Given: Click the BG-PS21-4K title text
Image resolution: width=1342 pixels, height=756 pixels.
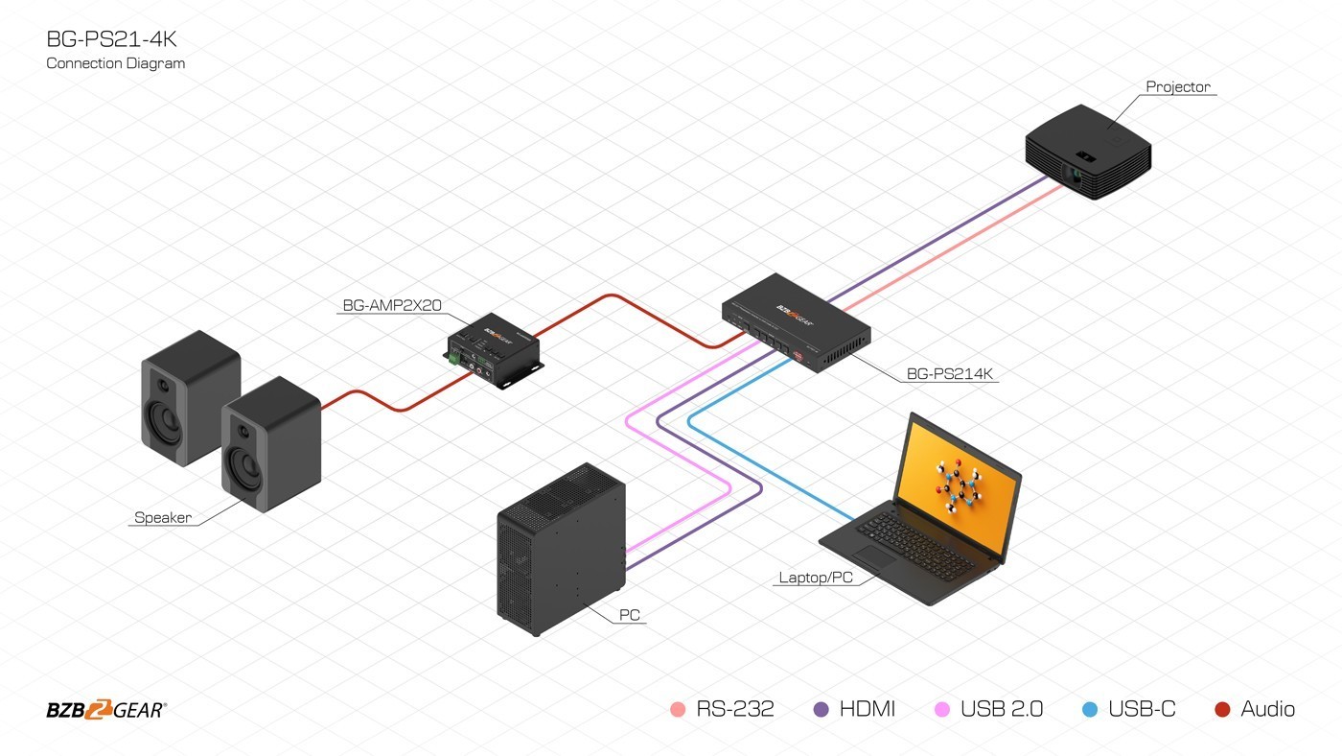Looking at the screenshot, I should coord(111,39).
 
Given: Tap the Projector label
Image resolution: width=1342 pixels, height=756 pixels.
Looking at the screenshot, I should coord(1178,86).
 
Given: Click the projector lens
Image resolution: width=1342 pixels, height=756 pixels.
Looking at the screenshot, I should coord(1077,177).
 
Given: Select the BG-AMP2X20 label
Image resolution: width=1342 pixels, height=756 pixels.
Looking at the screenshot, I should coord(391,306).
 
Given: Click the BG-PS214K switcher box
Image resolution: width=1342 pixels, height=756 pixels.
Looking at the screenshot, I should coord(796,321).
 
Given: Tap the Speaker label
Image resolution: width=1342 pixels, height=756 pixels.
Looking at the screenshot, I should coord(163,517).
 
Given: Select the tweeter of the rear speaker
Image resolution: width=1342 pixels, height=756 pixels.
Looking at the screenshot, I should coord(164,386).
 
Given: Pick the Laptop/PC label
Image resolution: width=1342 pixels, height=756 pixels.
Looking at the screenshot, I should coord(815,577).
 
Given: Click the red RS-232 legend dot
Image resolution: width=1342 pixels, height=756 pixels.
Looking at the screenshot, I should coord(679,710).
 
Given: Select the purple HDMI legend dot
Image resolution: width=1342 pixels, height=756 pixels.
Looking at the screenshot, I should coord(821,710).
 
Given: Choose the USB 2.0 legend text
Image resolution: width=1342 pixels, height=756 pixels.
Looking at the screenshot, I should coord(1002,710).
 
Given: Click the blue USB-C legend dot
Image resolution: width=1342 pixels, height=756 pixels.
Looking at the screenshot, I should coord(1090,710).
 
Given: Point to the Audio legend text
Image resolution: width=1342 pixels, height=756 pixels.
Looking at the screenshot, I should coord(1267,710).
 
